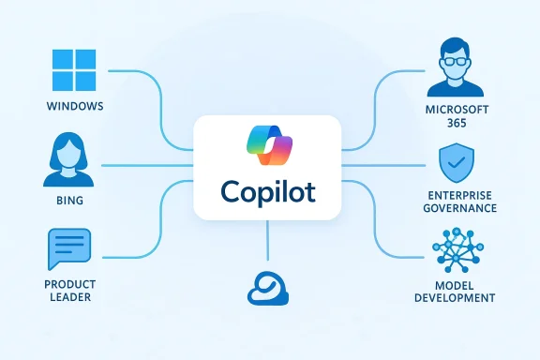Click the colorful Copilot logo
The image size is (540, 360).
269,144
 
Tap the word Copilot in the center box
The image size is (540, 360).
269,191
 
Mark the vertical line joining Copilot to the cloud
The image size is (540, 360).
269,241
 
